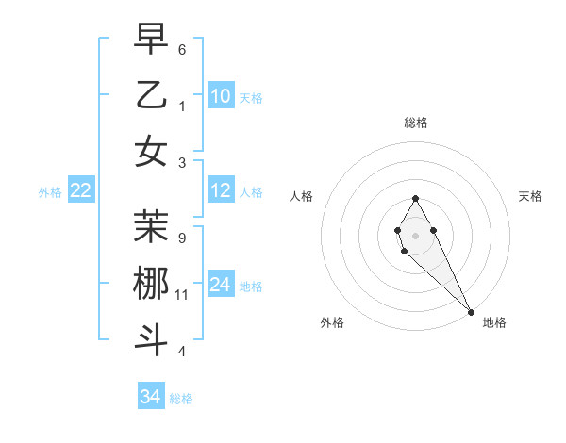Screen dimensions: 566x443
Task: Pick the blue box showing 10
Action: [x=221, y=95]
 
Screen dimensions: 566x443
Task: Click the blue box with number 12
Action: [x=221, y=190]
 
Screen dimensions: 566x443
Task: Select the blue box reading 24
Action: [x=221, y=285]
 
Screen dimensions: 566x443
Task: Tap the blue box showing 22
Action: [x=81, y=190]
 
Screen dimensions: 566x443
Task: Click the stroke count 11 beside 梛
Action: [x=182, y=295]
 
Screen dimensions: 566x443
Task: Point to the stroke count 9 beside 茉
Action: [x=182, y=238]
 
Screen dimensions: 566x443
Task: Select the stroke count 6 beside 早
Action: [x=182, y=49]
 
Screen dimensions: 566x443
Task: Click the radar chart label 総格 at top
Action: [x=416, y=123]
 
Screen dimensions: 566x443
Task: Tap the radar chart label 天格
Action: [x=531, y=196]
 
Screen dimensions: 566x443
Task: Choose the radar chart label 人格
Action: [x=301, y=196]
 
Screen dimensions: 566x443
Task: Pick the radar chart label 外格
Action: [x=332, y=322]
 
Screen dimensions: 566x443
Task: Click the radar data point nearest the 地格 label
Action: [x=471, y=312]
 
